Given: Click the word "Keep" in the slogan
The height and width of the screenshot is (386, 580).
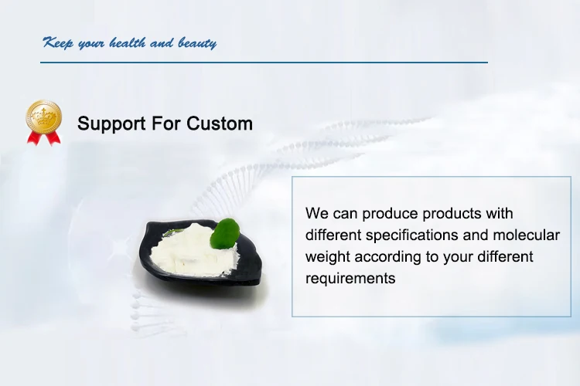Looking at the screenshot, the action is [x=58, y=43].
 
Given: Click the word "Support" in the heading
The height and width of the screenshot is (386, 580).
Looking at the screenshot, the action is [x=111, y=124].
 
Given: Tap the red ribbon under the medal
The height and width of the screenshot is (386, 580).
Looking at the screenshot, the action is [x=43, y=138].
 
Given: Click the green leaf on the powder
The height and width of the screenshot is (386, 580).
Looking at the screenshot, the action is [x=224, y=232].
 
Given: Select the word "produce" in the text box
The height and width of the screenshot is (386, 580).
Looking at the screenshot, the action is [x=391, y=215].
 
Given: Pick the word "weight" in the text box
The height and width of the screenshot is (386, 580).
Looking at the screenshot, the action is [x=328, y=257].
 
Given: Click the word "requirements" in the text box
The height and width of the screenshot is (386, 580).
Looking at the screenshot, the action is [x=350, y=279].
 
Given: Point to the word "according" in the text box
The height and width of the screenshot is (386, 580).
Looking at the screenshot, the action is [x=387, y=257].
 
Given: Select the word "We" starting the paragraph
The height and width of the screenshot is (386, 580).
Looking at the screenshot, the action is [x=317, y=214].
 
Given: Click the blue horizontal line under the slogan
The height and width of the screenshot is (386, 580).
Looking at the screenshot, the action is [x=264, y=63].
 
